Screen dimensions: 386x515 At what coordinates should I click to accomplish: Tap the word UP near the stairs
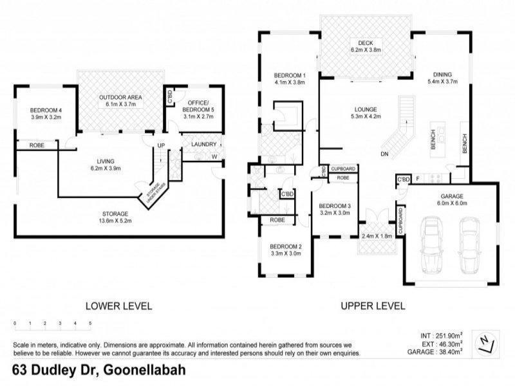coord(161,145)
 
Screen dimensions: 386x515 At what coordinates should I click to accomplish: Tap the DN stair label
coord(384,154)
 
